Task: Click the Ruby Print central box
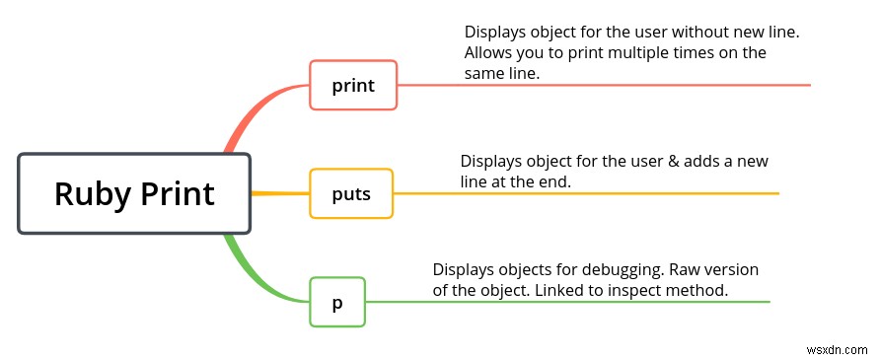click(x=134, y=193)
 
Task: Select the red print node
click(x=353, y=85)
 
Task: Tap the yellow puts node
click(x=351, y=193)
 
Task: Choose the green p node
click(x=337, y=302)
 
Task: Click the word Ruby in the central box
click(x=87, y=193)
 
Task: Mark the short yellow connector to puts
click(x=280, y=192)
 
